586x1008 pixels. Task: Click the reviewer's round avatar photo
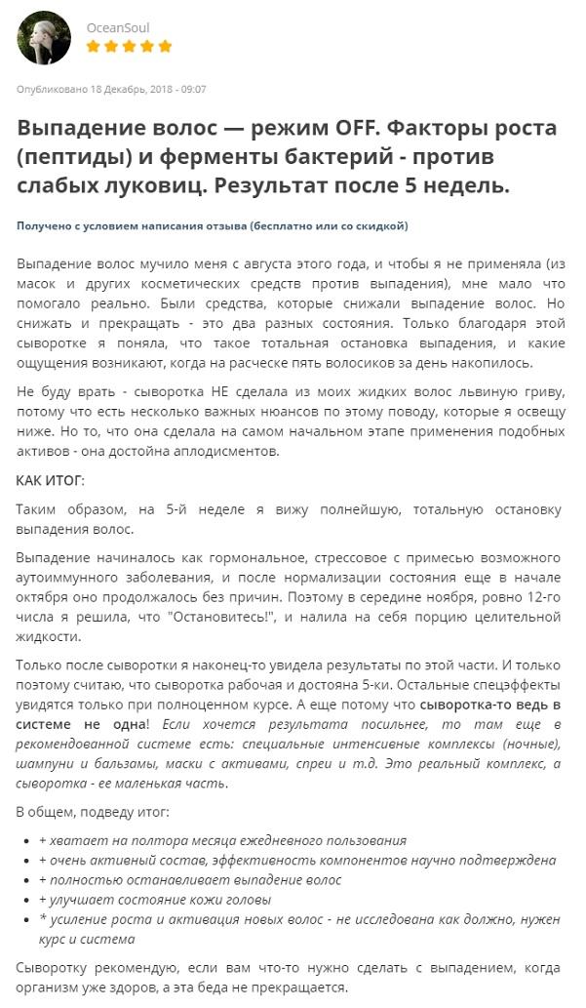click(x=44, y=38)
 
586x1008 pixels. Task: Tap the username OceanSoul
click(x=118, y=27)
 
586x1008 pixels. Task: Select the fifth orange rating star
click(x=165, y=46)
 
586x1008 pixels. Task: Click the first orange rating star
click(x=94, y=46)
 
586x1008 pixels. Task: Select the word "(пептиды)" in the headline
click(x=69, y=156)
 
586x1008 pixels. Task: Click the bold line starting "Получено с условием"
click(x=212, y=225)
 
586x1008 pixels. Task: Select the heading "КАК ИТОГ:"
click(x=51, y=481)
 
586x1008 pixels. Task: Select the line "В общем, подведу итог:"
click(x=93, y=812)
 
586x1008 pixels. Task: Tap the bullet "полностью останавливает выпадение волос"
click(x=190, y=880)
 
